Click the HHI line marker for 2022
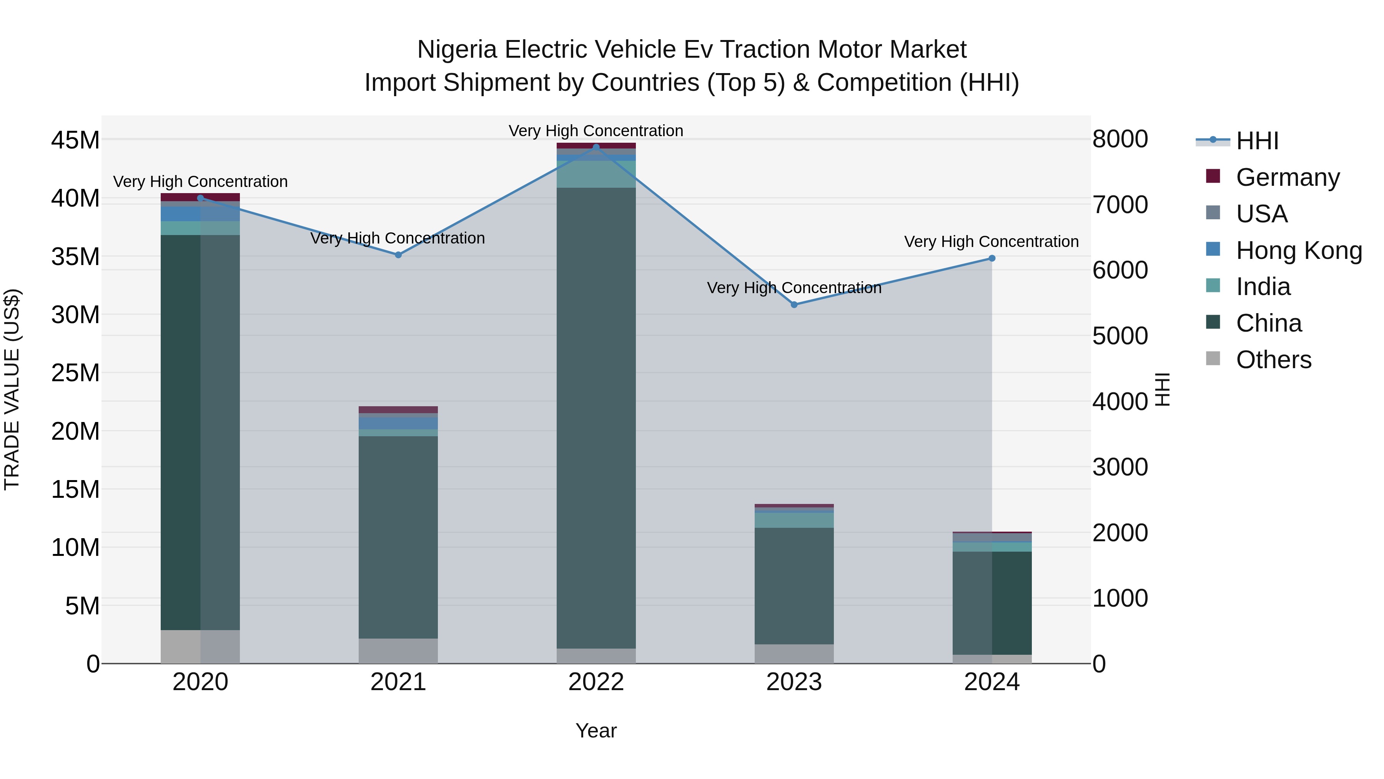click(x=596, y=147)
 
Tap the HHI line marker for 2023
click(x=794, y=305)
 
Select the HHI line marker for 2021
click(x=398, y=255)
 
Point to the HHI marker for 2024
click(x=992, y=259)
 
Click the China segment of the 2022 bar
click(x=596, y=418)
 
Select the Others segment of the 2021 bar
click(x=398, y=651)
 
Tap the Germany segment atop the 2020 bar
click(x=200, y=197)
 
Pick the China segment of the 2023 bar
click(x=794, y=586)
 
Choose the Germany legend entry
click(x=1287, y=177)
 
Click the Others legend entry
click(x=1273, y=360)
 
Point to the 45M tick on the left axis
click(x=75, y=140)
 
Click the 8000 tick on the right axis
click(x=1120, y=139)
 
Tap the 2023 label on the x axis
click(x=794, y=682)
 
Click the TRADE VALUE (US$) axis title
click(x=12, y=389)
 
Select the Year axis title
click(x=596, y=731)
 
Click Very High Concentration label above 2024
click(x=991, y=242)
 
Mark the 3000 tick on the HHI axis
click(x=1120, y=467)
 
